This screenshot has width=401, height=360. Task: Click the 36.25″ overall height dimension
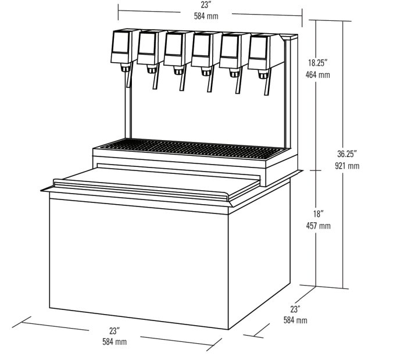click(x=346, y=154)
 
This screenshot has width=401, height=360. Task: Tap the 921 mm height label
click(x=347, y=166)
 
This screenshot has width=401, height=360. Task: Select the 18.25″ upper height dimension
click(x=318, y=63)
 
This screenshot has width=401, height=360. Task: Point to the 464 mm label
click(x=318, y=74)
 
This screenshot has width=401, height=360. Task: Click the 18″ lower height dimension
click(x=318, y=213)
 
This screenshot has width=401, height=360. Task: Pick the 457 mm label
click(x=318, y=226)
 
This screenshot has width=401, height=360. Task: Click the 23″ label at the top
click(x=206, y=5)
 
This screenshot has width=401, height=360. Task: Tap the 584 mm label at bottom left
click(x=114, y=342)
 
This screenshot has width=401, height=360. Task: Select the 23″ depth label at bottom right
click(x=295, y=309)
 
